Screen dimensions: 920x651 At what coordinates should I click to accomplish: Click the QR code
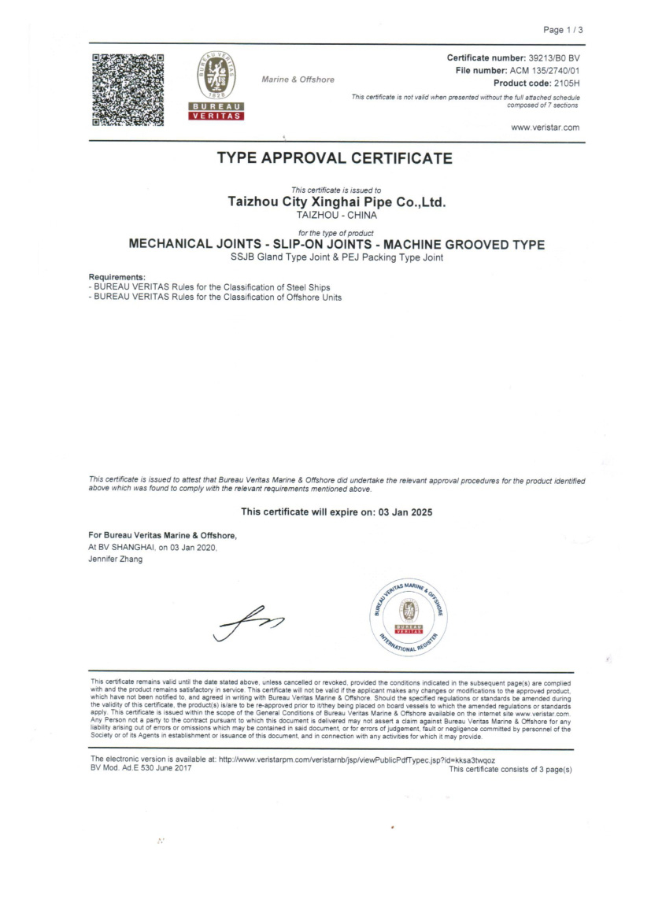[x=128, y=89]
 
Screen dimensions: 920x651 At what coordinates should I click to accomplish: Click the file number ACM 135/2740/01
[x=545, y=71]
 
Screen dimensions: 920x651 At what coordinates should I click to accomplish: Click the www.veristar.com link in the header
[x=545, y=127]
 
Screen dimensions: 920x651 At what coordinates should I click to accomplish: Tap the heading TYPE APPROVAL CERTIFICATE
[x=335, y=158]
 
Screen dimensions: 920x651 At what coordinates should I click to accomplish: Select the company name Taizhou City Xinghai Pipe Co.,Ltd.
[x=336, y=201]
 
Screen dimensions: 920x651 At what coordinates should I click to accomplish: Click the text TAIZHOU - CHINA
[x=336, y=214]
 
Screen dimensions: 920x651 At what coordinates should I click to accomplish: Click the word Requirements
[x=117, y=277]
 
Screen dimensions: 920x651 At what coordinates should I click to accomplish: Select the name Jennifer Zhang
[x=116, y=559]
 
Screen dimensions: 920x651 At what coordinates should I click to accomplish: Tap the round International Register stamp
[x=408, y=615]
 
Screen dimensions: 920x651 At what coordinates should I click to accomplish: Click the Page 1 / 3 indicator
[x=563, y=30]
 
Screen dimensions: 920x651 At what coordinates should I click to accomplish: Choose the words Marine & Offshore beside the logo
[x=298, y=79]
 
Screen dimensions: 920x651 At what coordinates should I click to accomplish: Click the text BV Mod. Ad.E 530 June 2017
[x=141, y=768]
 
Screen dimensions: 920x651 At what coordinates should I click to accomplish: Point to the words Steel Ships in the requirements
[x=307, y=286]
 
